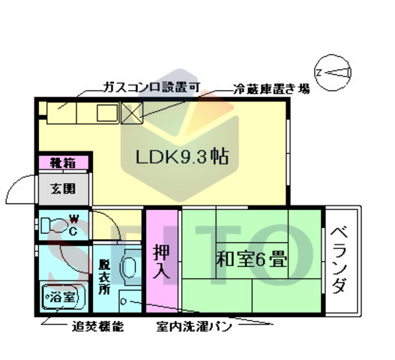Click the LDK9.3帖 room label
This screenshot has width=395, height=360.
tap(182, 158)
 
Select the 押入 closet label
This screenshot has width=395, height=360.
tap(161, 259)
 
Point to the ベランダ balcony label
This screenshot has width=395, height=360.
tap(339, 259)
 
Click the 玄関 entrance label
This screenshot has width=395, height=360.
tap(63, 188)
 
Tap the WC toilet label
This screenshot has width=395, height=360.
tap(74, 225)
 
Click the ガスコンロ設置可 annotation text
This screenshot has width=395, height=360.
tap(151, 88)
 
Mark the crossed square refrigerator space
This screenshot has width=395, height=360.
tap(132, 112)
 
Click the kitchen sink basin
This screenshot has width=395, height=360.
tap(106, 113)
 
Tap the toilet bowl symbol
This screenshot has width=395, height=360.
tap(53, 225)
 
